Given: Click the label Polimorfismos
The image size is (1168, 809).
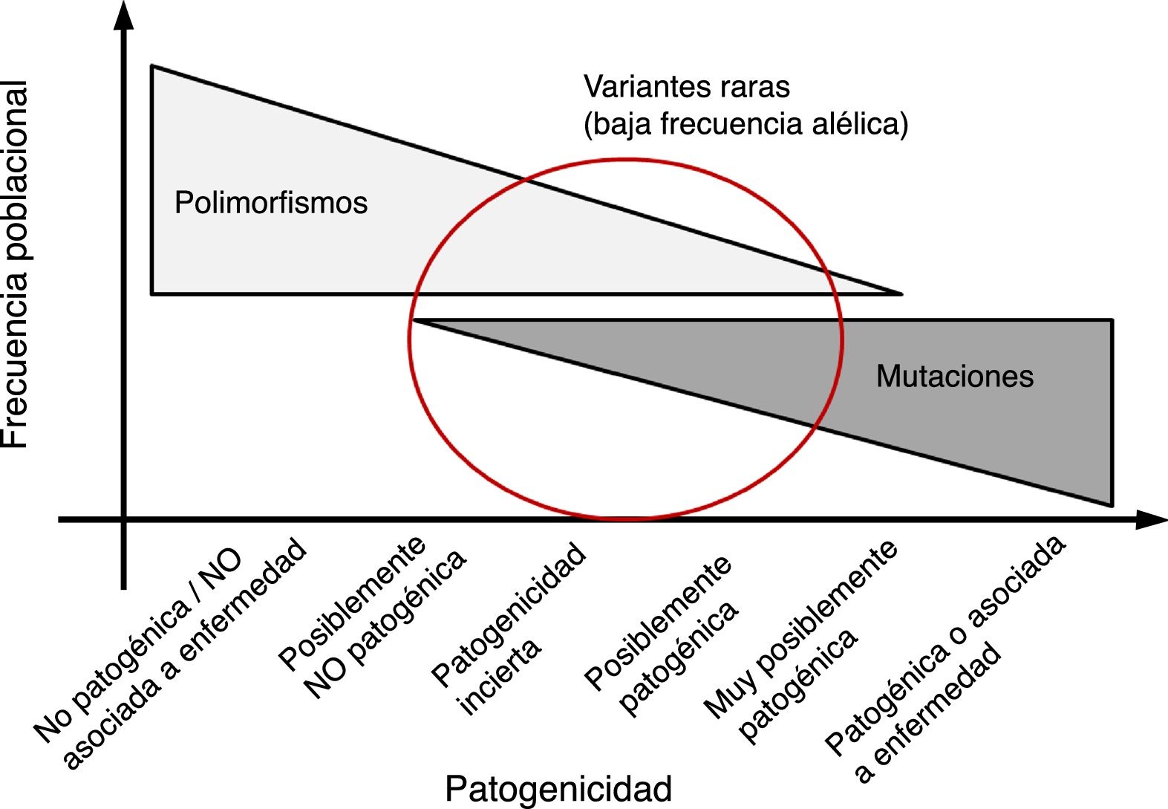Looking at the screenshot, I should point(271,203).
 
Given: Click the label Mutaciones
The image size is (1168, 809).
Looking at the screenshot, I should point(954,376).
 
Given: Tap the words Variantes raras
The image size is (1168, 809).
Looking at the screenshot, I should point(687,87).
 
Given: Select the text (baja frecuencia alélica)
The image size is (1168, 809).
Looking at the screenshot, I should point(746,124).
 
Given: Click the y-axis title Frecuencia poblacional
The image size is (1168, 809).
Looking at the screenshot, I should point(16,264).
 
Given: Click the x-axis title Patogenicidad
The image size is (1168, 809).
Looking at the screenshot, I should point(558,788).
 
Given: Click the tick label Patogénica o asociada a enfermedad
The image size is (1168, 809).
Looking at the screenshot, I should point(944,657).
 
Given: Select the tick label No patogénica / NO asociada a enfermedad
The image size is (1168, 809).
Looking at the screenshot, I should point(171,654).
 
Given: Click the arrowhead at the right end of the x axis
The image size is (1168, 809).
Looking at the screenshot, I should point(1152,520).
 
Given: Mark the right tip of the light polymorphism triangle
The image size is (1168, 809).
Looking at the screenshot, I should point(901,294).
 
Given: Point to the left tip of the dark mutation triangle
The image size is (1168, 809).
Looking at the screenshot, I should point(414,321).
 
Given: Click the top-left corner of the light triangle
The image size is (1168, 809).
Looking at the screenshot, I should point(152,66).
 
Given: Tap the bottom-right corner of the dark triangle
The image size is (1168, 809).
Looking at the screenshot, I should point(1112,505).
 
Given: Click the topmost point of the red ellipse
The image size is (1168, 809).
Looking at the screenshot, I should point(625,159).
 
